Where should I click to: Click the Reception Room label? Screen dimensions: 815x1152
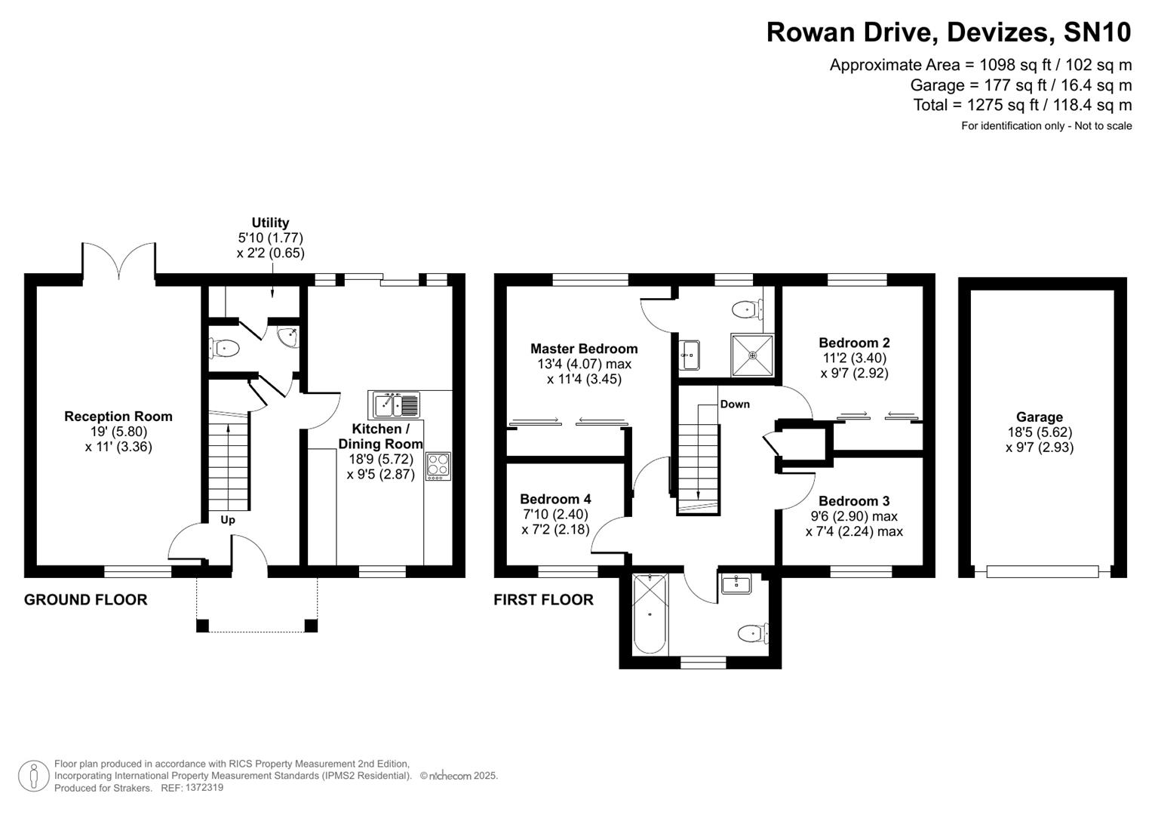click(x=118, y=417)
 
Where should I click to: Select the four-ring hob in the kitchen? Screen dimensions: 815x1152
click(x=438, y=466)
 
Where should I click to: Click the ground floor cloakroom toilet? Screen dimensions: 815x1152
click(x=224, y=348)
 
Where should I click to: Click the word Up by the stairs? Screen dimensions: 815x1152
click(x=228, y=520)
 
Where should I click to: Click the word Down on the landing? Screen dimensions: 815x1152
click(x=734, y=404)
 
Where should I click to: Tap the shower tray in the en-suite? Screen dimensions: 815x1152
click(x=752, y=355)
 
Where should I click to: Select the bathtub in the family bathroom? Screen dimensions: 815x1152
click(x=650, y=613)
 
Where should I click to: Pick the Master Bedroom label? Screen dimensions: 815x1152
click(x=584, y=349)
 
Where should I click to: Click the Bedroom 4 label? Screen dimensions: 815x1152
click(x=555, y=499)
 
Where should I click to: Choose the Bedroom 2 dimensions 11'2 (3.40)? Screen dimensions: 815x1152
click(x=854, y=358)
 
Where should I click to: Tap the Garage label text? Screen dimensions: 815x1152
click(x=1039, y=417)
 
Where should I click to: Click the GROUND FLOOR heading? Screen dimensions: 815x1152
click(x=85, y=600)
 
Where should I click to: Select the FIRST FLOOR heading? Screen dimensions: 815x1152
click(x=543, y=600)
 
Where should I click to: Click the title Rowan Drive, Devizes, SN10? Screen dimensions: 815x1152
click(x=948, y=32)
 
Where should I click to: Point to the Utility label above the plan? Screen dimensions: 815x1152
click(x=270, y=223)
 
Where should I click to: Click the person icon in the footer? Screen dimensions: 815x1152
click(x=33, y=776)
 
